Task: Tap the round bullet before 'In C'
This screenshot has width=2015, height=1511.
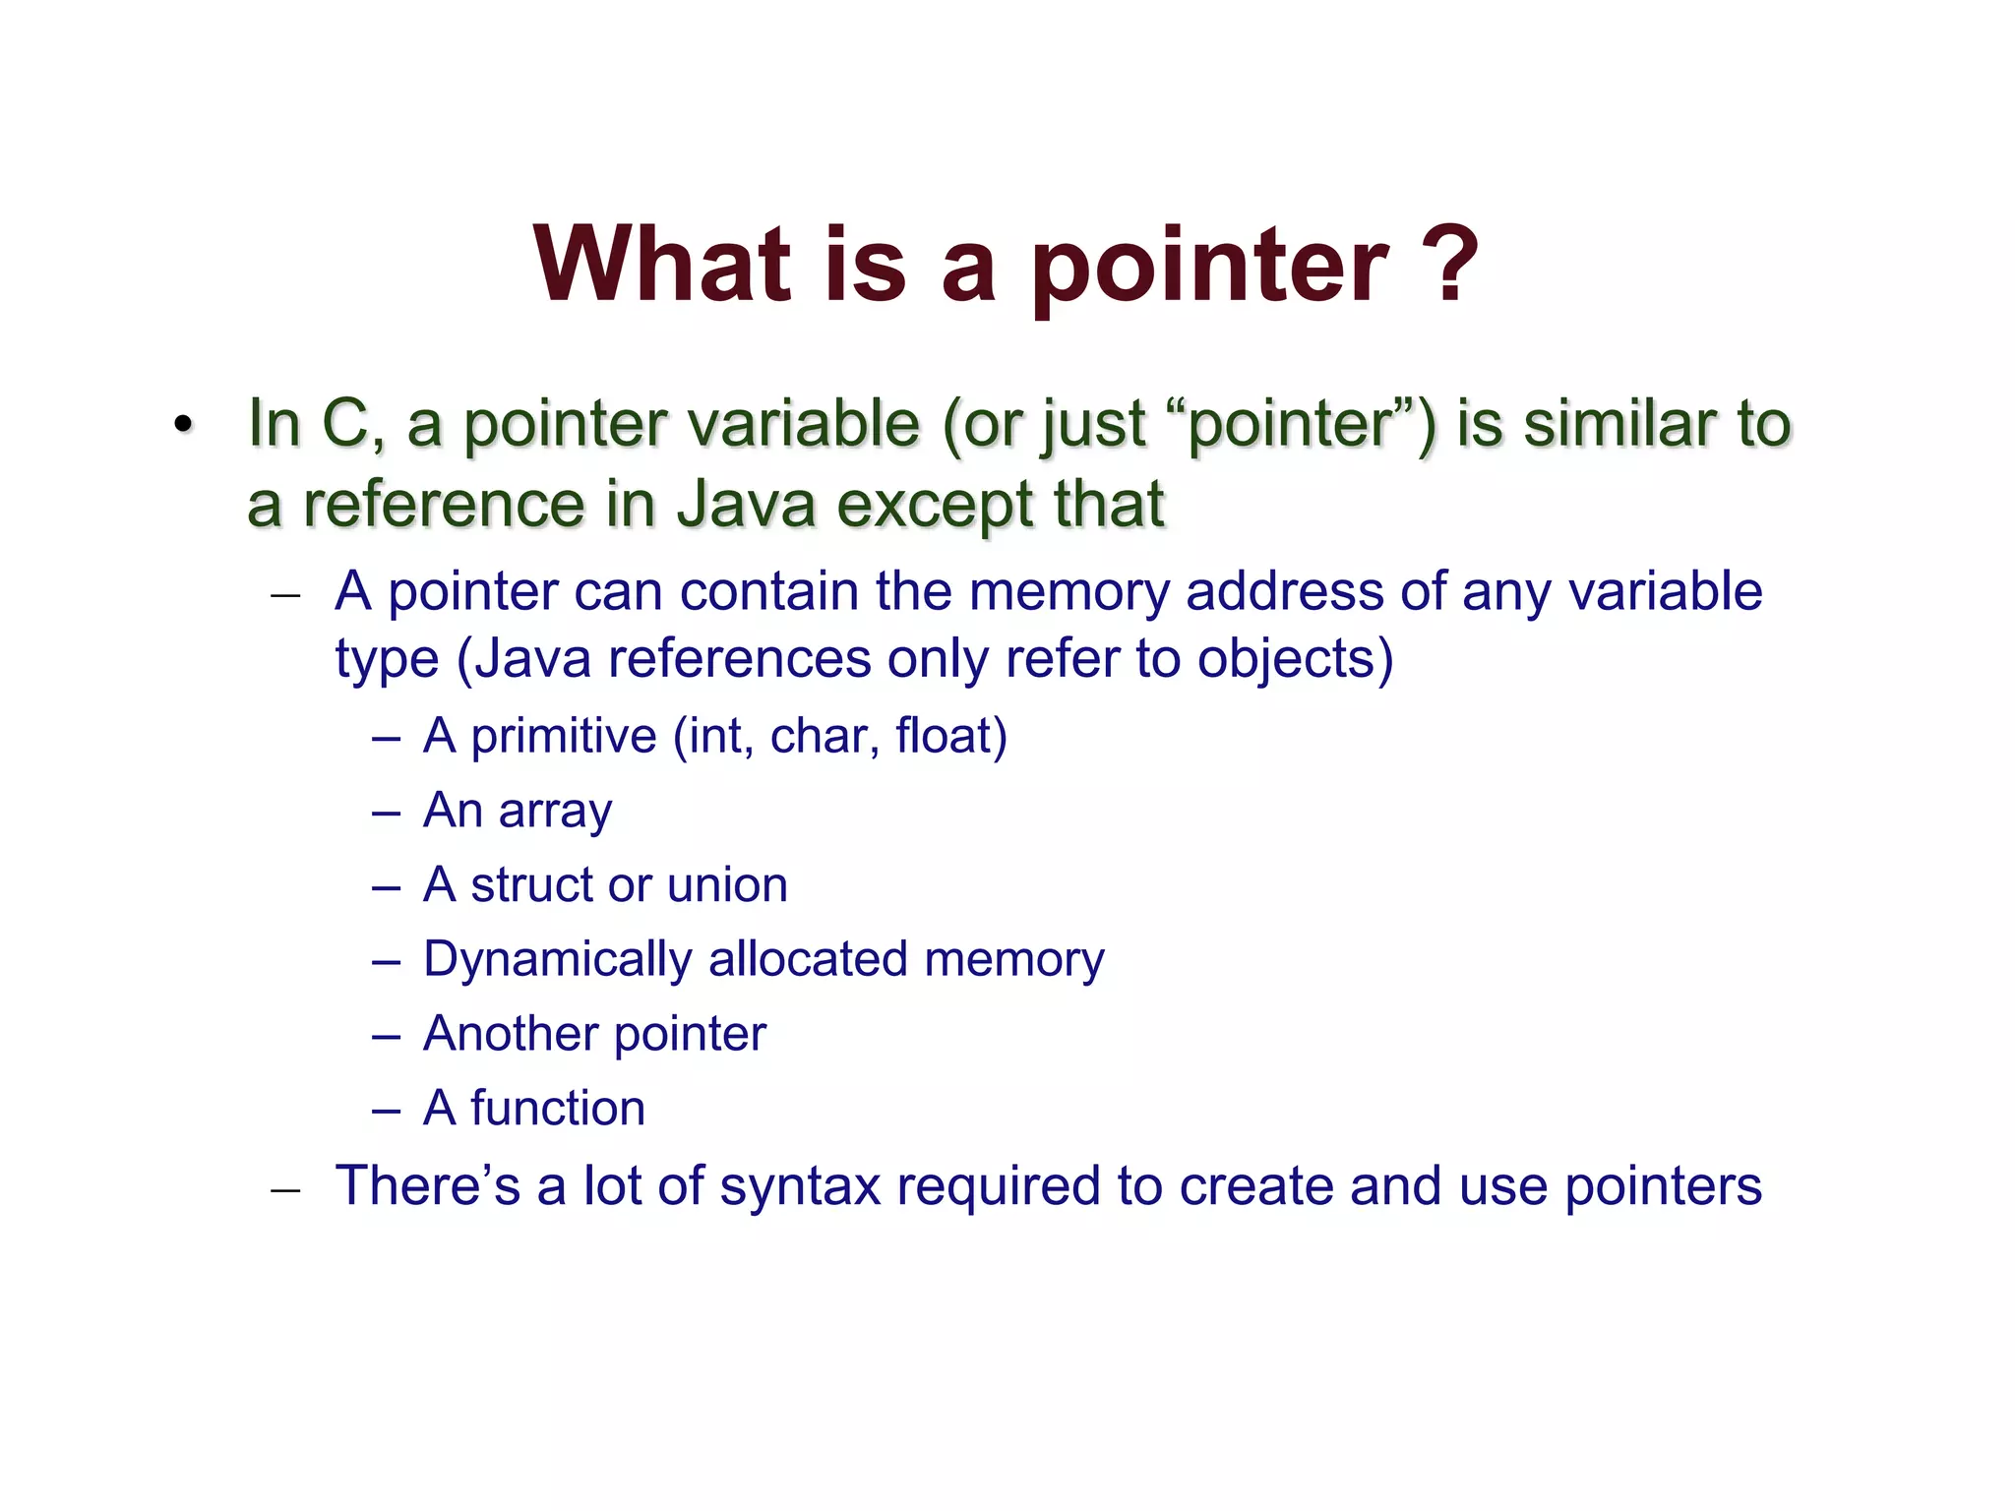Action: [x=182, y=426]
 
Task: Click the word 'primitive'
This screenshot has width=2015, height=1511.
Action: [x=563, y=736]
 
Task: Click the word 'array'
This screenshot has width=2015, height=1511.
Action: [x=555, y=812]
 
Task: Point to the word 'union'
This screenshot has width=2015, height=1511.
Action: [x=727, y=884]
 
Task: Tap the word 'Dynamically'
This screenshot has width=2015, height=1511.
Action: [x=557, y=960]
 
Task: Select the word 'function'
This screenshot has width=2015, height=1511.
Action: [x=557, y=1109]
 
